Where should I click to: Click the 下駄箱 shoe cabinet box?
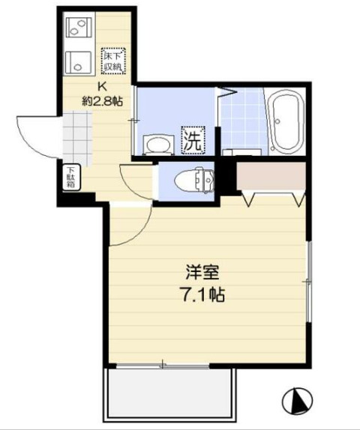(71, 178)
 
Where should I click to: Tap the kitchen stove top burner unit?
(77, 28)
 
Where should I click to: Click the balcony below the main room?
(169, 393)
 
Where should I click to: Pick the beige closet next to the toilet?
(270, 175)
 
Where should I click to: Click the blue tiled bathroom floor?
(242, 120)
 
